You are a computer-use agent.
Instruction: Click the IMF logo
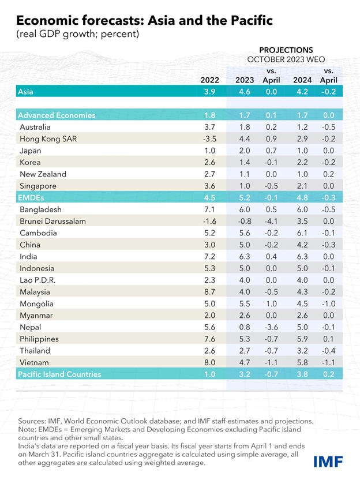[328, 461]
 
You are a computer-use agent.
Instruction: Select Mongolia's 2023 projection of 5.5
[243, 303]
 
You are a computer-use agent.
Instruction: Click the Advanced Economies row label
[57, 115]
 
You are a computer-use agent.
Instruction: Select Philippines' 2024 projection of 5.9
[306, 339]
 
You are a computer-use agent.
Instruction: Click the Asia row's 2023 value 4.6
[243, 91]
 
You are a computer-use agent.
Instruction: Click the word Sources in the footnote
[33, 421]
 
